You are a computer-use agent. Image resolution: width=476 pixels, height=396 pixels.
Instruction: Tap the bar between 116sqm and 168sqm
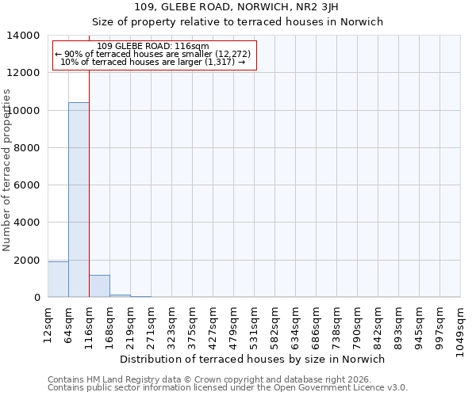(x=99, y=287)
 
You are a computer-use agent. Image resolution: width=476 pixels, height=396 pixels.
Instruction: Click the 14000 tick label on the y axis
(x=24, y=36)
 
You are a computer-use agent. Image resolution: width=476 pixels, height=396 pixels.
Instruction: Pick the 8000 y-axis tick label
(x=27, y=148)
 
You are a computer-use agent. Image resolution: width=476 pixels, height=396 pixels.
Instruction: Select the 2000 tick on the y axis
(x=27, y=261)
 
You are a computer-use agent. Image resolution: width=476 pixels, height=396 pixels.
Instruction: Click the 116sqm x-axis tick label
(x=89, y=323)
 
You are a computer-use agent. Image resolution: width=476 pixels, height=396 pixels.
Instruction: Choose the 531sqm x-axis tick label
(x=254, y=323)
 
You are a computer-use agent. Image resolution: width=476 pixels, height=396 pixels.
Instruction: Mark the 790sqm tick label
(x=357, y=323)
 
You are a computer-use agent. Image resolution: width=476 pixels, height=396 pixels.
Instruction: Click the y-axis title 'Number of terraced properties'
(x=7, y=169)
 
